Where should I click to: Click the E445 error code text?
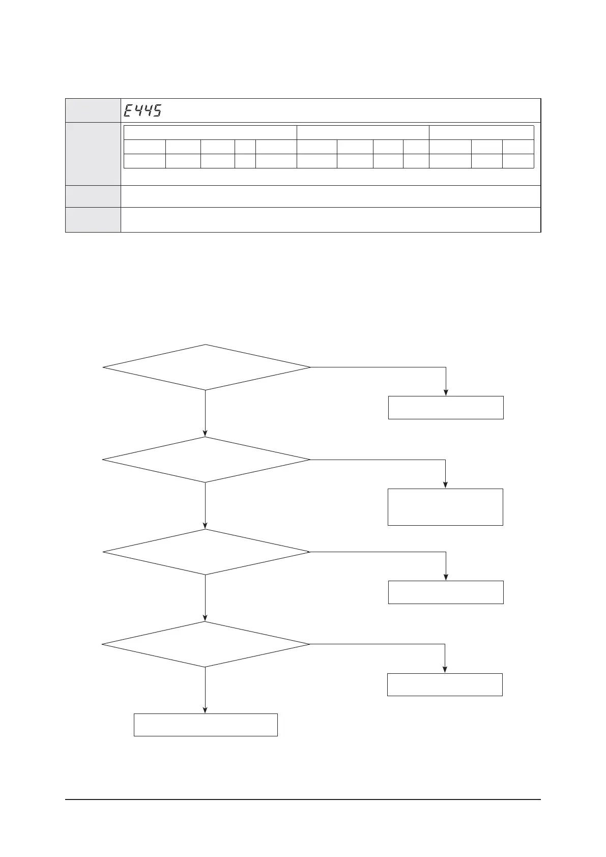[143, 110]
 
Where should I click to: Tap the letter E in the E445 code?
[129, 110]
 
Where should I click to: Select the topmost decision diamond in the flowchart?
[206, 367]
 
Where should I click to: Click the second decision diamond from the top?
[206, 460]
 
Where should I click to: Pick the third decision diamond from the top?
[206, 552]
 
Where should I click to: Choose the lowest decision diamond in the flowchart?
[206, 644]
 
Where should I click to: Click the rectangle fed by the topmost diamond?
[446, 408]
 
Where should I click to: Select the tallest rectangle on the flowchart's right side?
[445, 507]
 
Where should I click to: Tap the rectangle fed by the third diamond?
[446, 592]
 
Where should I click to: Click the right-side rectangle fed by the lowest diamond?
[445, 684]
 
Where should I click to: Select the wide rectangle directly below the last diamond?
[206, 725]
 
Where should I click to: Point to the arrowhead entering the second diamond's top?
[206, 434]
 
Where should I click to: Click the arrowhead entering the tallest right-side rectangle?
[446, 485]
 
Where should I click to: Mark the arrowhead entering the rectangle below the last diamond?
[206, 710]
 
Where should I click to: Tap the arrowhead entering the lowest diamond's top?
[206, 618]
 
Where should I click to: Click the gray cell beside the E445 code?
[93, 110]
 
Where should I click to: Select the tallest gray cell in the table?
[93, 154]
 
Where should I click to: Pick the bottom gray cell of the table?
[93, 220]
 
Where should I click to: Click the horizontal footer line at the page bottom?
[303, 799]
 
